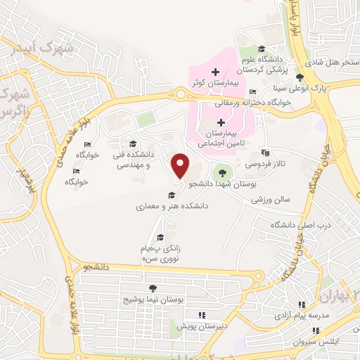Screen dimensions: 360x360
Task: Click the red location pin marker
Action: click(x=181, y=165)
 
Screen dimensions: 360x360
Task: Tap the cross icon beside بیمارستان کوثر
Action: click(x=216, y=72)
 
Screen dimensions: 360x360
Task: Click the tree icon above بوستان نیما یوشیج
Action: click(x=152, y=288)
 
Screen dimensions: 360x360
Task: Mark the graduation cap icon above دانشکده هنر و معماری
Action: click(x=171, y=195)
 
